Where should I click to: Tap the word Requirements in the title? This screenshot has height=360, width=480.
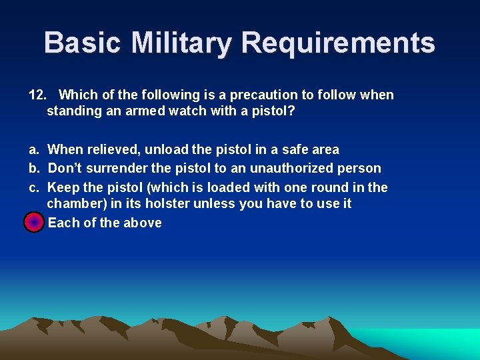pyautogui.click(x=338, y=43)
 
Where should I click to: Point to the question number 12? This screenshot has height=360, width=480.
pyautogui.click(x=36, y=95)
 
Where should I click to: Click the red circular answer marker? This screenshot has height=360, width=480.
pyautogui.click(x=33, y=223)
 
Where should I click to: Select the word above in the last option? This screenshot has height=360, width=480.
pyautogui.click(x=143, y=223)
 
